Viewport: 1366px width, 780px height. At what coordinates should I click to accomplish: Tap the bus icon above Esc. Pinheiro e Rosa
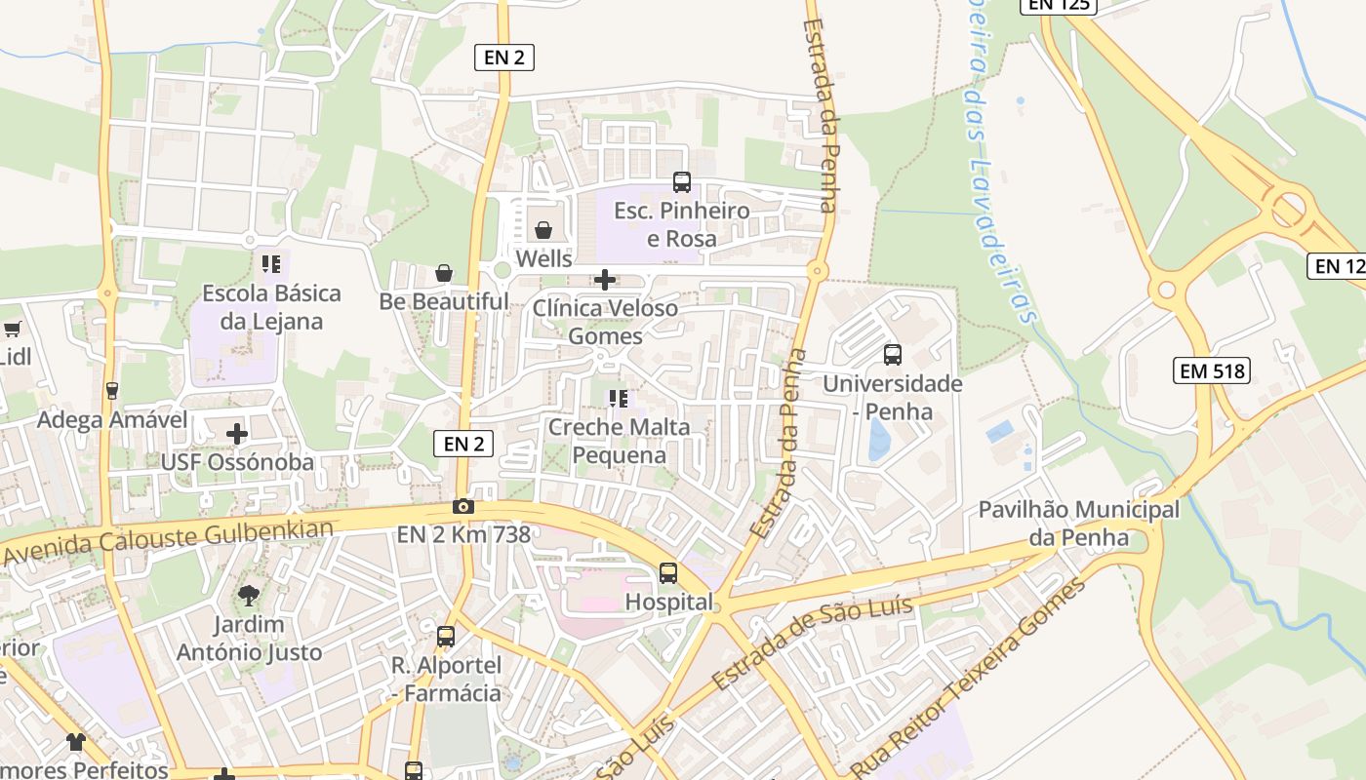point(682,182)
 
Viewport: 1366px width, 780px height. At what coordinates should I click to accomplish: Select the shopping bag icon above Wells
point(543,230)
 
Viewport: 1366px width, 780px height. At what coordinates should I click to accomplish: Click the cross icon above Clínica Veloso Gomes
point(605,281)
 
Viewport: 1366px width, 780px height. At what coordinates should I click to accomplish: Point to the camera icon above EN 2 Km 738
point(463,506)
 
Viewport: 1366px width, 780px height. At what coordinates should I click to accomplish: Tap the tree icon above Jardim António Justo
point(249,595)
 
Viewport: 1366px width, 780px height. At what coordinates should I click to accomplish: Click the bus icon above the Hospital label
point(668,573)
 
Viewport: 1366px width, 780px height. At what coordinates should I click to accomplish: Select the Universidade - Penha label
point(892,397)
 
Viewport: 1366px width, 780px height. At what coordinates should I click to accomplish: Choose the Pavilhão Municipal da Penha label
point(1079,523)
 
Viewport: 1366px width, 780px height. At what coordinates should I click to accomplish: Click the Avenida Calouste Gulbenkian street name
point(168,542)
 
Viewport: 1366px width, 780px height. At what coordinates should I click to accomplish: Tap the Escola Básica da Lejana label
point(271,307)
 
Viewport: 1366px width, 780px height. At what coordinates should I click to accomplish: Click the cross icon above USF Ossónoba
point(237,433)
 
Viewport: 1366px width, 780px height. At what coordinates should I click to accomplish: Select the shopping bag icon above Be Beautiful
point(444,273)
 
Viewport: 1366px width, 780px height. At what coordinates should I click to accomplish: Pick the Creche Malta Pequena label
point(619,441)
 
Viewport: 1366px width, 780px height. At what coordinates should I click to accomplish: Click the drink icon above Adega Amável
point(112,391)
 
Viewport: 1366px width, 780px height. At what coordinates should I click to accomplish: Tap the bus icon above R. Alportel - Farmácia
point(446,637)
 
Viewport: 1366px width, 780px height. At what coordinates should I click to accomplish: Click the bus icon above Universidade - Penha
point(893,355)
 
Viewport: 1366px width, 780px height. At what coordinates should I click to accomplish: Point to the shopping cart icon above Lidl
point(12,330)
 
